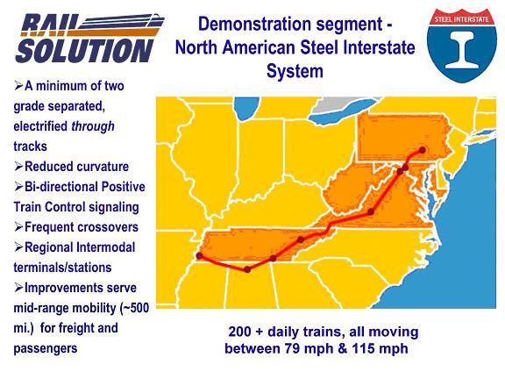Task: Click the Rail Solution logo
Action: pos(89,38)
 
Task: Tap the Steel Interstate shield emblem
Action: pos(461,45)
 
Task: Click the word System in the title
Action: pos(295,71)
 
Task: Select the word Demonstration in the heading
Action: pos(254,25)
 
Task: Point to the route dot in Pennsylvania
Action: pos(423,150)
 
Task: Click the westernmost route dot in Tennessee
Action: pos(199,256)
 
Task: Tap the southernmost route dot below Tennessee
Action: pos(247,269)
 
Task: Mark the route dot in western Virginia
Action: pos(371,212)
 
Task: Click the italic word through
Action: pos(93,126)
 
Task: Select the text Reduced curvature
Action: pos(76,167)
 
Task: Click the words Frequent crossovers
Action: pos(82,227)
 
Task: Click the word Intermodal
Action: pos(106,247)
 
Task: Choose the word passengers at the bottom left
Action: pos(46,348)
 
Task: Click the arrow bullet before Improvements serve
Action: pos(18,288)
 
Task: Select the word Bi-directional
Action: pos(62,187)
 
